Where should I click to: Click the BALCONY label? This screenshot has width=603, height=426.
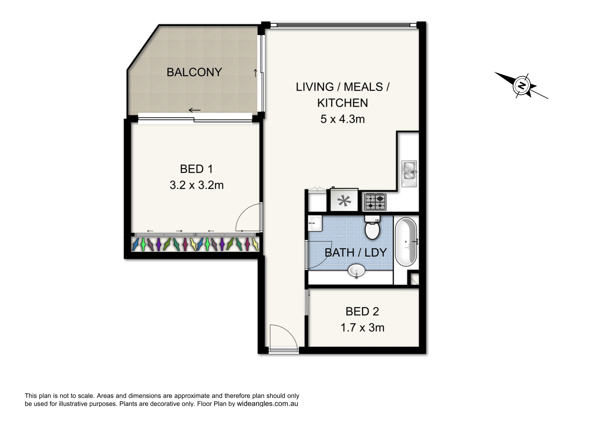(194, 72)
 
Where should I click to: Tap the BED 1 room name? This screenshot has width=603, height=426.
(196, 169)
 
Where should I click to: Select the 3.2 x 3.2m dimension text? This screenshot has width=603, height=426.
(197, 185)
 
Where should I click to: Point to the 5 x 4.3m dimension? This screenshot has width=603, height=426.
(343, 119)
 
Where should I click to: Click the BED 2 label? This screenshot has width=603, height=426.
(362, 312)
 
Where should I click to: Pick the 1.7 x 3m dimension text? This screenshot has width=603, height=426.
(362, 327)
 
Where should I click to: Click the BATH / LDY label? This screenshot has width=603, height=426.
(356, 252)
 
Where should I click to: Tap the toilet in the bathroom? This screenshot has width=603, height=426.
(372, 227)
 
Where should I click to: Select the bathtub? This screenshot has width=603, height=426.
(406, 242)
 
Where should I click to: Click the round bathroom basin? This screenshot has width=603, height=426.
(356, 271)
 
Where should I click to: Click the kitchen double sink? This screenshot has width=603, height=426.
(409, 174)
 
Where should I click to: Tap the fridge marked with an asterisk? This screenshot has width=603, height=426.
(344, 200)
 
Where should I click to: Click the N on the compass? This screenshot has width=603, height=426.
(522, 86)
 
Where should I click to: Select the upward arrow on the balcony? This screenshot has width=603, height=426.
(255, 73)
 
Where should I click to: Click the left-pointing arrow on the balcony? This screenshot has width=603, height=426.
(194, 110)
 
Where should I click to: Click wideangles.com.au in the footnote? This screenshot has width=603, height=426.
(267, 404)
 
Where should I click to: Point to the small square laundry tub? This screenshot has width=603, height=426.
(315, 223)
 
